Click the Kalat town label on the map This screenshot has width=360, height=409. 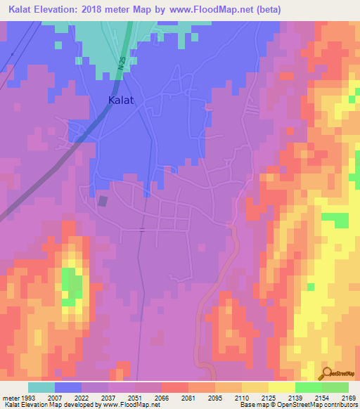(x=121, y=100)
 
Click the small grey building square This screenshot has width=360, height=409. (x=103, y=202)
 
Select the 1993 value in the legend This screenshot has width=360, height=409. (x=28, y=398)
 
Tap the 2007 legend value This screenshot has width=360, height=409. (x=55, y=398)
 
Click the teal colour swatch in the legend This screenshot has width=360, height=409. (x=41, y=387)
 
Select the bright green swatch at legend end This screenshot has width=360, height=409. (x=335, y=387)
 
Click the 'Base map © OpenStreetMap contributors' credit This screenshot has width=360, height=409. (x=297, y=405)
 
